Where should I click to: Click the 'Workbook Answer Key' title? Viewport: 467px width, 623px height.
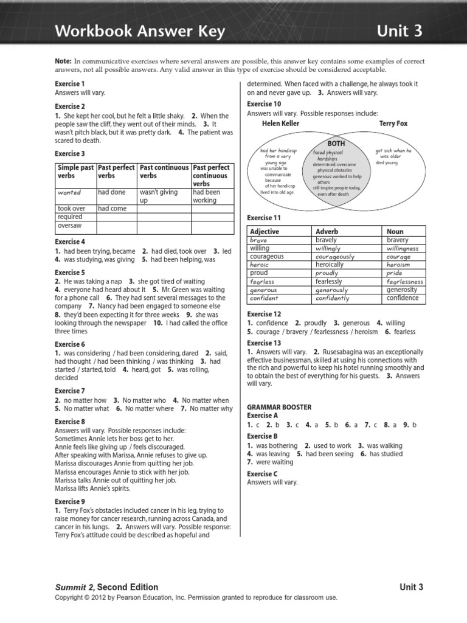pyautogui.click(x=140, y=31)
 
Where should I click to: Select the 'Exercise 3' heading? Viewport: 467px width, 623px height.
pyautogui.click(x=70, y=154)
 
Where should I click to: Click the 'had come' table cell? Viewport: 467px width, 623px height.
pyautogui.click(x=112, y=208)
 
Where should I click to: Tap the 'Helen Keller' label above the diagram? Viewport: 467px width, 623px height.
pyautogui.click(x=280, y=124)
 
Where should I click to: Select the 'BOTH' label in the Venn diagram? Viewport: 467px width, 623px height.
pyautogui.click(x=336, y=144)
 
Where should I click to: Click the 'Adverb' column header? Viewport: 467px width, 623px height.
pyautogui.click(x=327, y=232)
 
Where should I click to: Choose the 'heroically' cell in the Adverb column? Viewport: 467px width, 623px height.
pyautogui.click(x=330, y=265)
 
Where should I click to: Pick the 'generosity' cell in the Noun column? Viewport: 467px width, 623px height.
pyautogui.click(x=403, y=290)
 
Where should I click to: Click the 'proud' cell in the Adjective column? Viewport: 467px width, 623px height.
pyautogui.click(x=258, y=273)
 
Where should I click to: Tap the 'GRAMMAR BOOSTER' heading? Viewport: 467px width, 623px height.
pyautogui.click(x=279, y=406)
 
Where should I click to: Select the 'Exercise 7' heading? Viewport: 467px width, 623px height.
pyautogui.click(x=70, y=391)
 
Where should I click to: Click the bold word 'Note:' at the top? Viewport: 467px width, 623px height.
pyautogui.click(x=63, y=62)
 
